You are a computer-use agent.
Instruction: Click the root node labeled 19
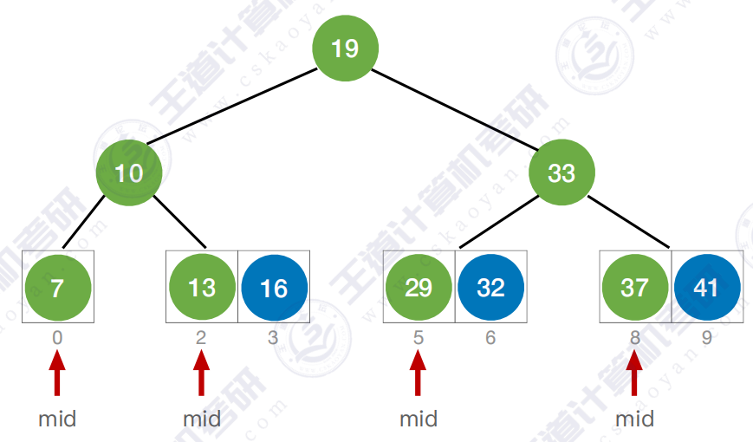[345, 48]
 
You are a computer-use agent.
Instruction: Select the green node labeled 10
[129, 173]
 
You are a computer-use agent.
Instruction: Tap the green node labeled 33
[562, 173]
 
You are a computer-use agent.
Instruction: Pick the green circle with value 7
[57, 288]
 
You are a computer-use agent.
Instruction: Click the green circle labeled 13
[202, 288]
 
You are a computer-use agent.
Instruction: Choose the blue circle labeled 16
[274, 288]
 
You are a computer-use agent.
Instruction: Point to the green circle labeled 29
[419, 288]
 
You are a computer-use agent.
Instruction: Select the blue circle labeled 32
[490, 288]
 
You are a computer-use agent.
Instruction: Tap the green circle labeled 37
[635, 288]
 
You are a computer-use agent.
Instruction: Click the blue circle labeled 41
[707, 288]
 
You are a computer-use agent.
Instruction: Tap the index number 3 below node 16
[273, 338]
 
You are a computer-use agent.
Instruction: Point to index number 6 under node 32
[490, 338]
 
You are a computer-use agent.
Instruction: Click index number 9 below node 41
[707, 338]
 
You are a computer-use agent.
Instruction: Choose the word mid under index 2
[202, 419]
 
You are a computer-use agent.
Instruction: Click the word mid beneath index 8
[635, 419]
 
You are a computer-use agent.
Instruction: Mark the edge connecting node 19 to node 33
[453, 110]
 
